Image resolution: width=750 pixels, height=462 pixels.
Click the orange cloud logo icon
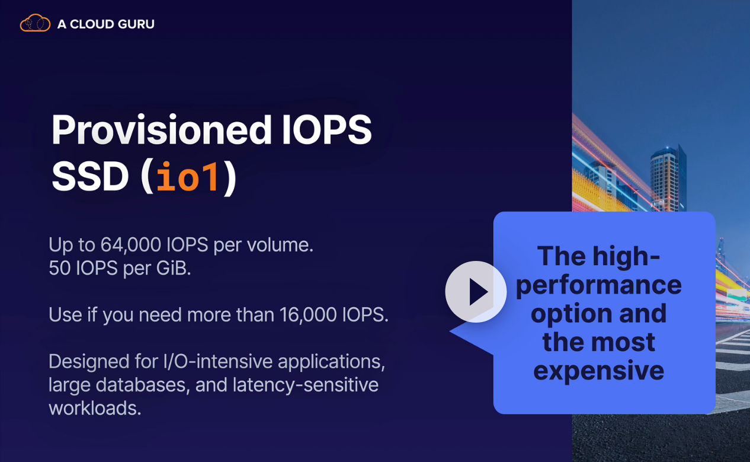35,23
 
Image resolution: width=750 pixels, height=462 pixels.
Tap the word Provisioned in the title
161,130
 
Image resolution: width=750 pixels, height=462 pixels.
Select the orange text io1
188,176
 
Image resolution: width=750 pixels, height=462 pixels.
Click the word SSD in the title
90,176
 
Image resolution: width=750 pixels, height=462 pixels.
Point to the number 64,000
130,245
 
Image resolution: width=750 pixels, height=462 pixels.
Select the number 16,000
307,315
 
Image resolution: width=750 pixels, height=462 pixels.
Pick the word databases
140,385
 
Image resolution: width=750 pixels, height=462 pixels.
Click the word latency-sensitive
306,385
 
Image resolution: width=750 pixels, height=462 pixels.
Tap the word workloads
95,408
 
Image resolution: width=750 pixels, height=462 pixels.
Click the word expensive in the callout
599,371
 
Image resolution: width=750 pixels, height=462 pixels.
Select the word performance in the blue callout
599,286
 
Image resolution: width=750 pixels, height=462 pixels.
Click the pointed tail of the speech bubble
450,331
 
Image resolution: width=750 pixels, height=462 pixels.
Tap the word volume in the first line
280,245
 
